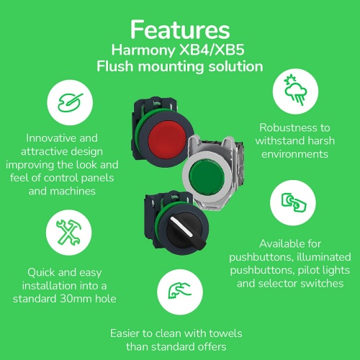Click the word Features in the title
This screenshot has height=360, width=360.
pos(179,30)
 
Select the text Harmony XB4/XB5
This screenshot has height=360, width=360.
pos(179,51)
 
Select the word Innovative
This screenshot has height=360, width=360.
pos(53,138)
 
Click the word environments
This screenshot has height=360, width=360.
pos(294,153)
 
